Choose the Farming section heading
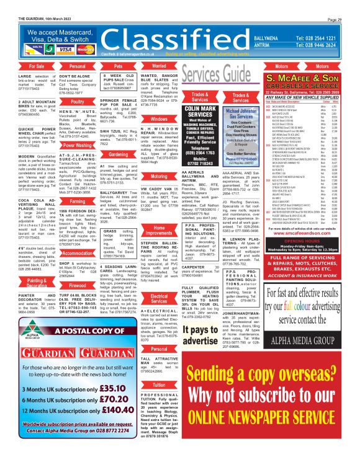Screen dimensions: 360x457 [x=78, y=202]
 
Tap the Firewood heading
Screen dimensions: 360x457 [x=78, y=287]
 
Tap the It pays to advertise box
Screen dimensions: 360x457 [x=200, y=339]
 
